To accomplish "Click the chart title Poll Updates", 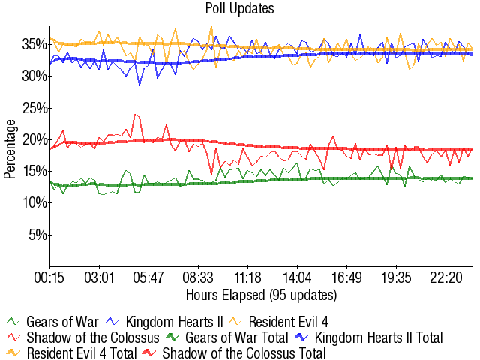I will [x=240, y=9].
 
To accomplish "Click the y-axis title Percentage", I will [x=10, y=148].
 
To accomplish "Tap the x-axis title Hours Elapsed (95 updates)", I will [x=261, y=293].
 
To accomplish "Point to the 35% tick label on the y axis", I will [x=34, y=45].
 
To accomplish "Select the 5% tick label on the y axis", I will [x=37, y=235].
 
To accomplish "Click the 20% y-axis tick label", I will [x=34, y=139].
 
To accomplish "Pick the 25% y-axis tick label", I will [x=34, y=108].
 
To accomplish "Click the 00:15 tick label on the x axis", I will [x=50, y=277].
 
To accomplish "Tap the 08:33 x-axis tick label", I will [x=199, y=277].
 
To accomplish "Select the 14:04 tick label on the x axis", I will [x=298, y=277].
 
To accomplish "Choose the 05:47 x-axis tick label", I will [x=149, y=277].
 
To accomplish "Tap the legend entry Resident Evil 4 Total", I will [x=82, y=352].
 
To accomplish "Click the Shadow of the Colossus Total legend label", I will [x=244, y=352].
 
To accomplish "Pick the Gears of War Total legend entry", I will [x=232, y=337].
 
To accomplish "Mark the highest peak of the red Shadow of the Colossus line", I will [x=134, y=115].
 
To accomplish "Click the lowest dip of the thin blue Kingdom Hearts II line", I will [x=139, y=85].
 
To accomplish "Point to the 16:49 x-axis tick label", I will [x=347, y=277].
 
